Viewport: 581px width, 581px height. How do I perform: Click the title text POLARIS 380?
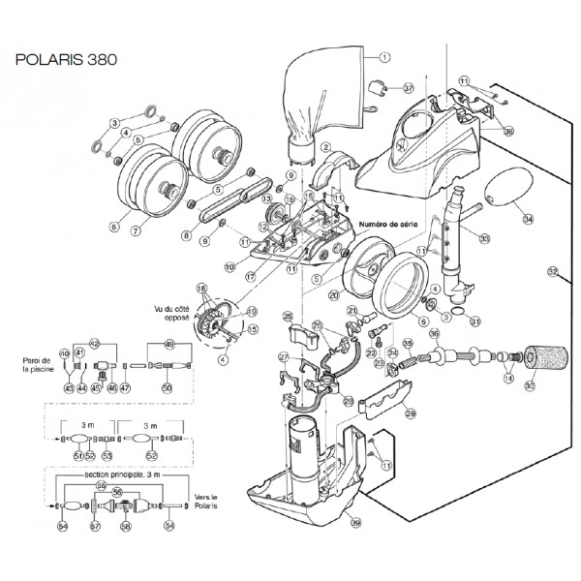click(67, 59)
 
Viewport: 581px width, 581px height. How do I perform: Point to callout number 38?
click(509, 131)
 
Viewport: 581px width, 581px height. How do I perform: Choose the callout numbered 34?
click(527, 219)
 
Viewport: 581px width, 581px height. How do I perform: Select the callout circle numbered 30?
click(529, 387)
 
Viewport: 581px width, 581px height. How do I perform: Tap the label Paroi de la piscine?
click(35, 365)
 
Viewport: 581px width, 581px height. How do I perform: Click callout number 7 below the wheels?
click(135, 233)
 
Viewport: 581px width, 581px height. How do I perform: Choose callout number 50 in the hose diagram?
click(167, 387)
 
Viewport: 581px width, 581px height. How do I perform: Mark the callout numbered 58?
click(126, 527)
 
